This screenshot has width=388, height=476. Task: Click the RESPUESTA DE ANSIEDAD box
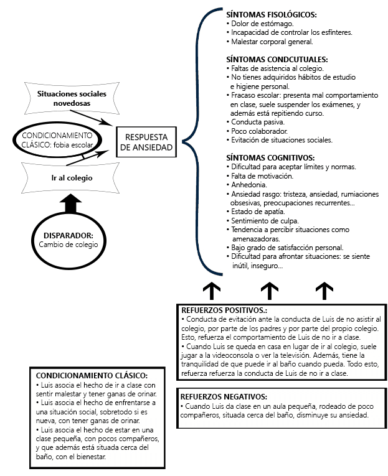coord(147,142)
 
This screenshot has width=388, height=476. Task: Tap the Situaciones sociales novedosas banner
coord(72,98)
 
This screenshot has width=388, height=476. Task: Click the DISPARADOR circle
coord(69,240)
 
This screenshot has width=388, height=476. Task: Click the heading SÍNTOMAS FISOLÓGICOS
coord(272,14)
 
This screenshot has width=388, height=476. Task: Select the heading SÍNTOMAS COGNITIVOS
coord(270,157)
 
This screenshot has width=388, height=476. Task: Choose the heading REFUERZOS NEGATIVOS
coord(224,396)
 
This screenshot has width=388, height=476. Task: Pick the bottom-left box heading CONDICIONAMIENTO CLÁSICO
coord(92,376)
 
